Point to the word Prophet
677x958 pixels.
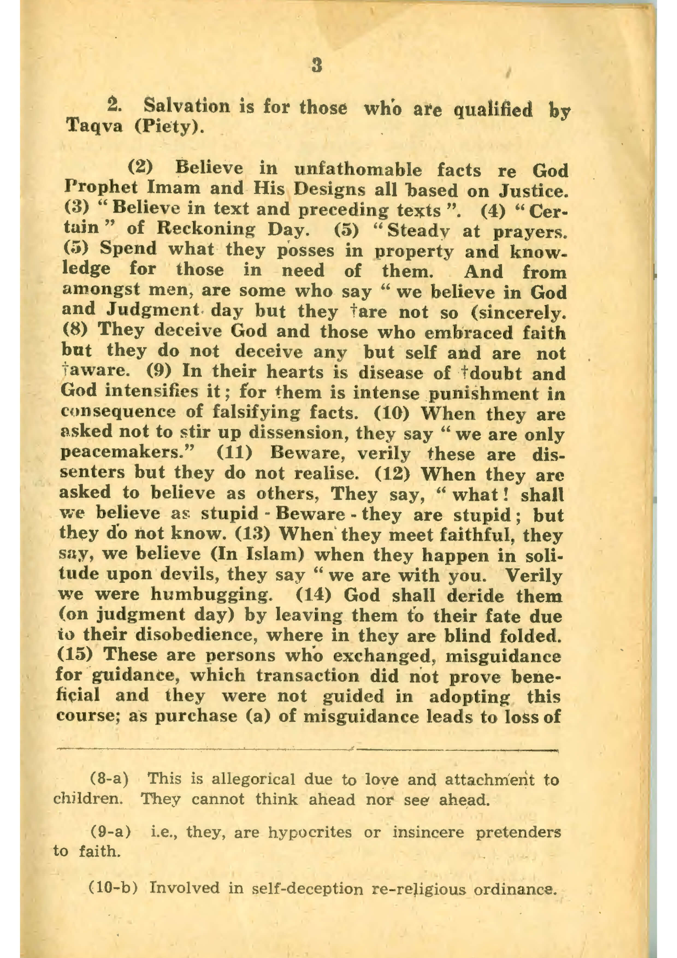pos(101,188)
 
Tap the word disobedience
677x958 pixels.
pos(195,635)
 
